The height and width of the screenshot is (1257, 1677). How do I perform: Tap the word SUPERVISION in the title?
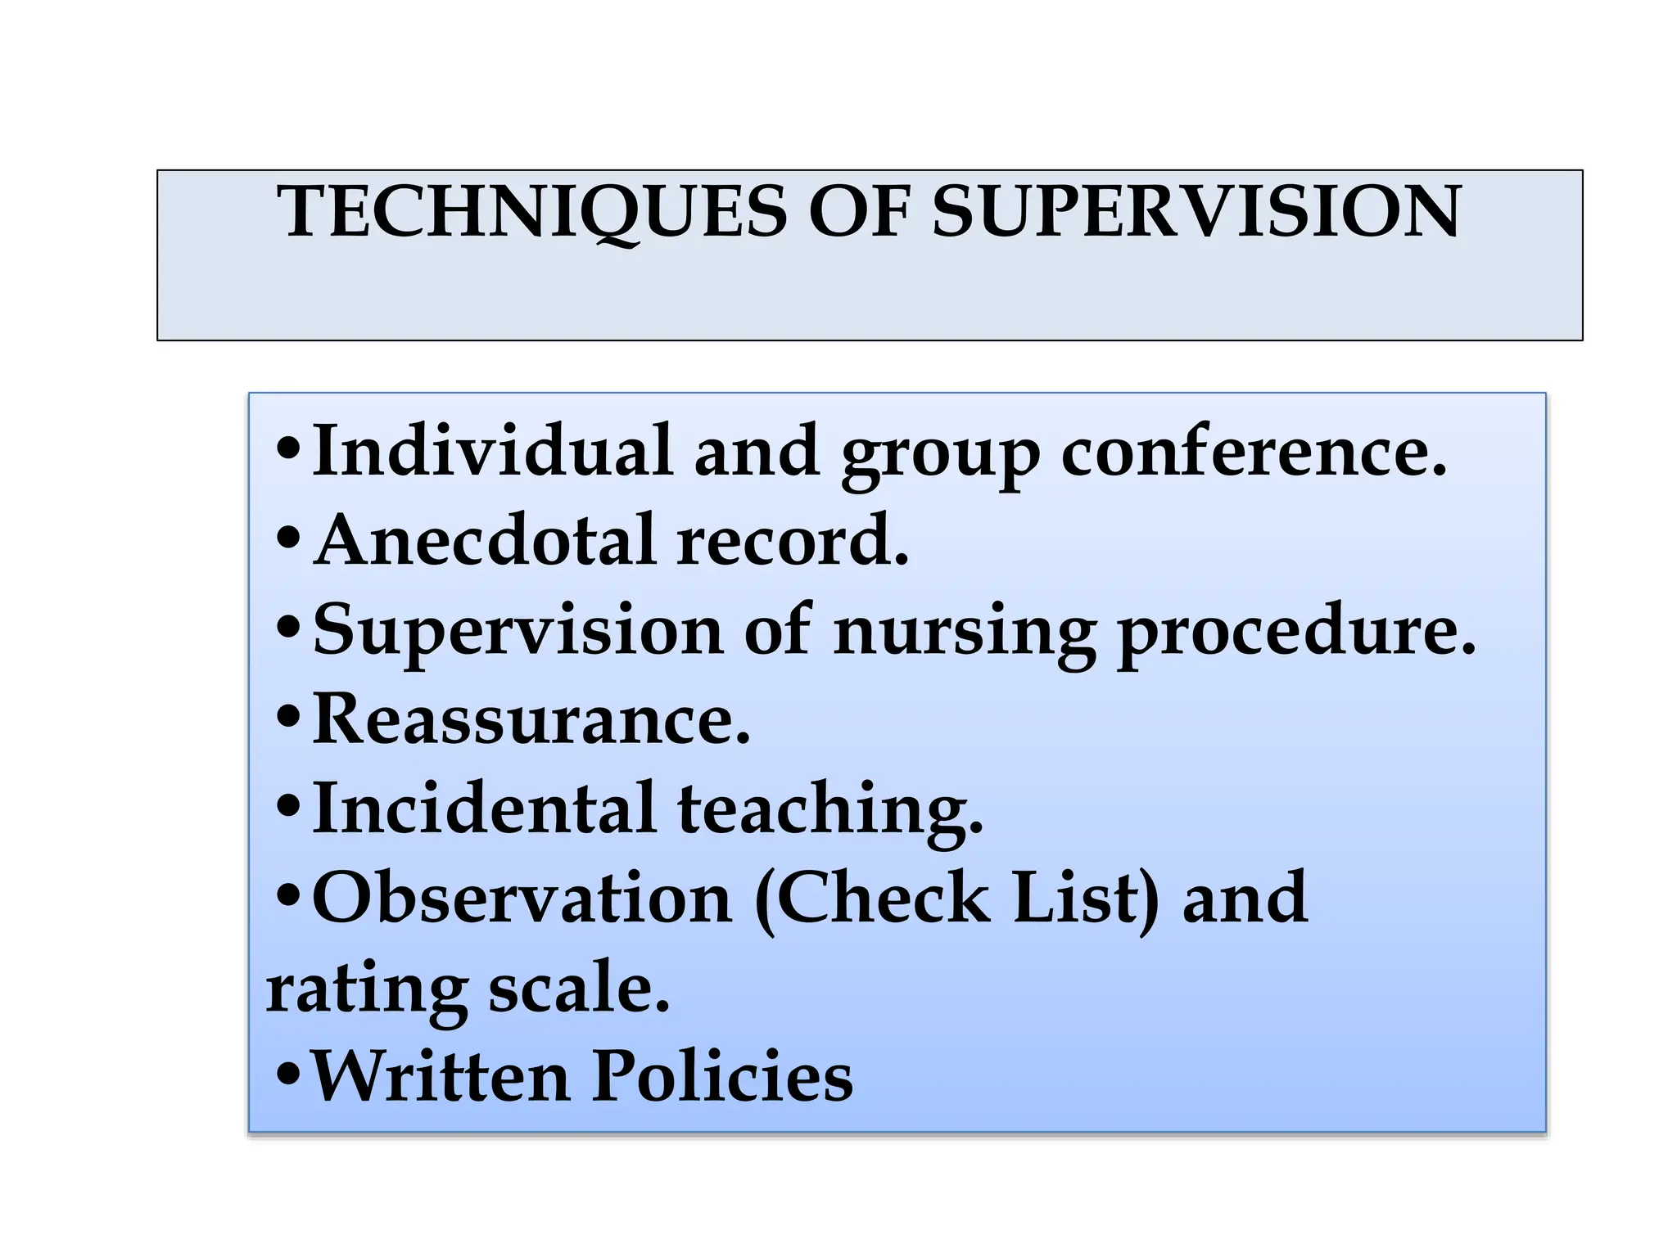[x=1196, y=212]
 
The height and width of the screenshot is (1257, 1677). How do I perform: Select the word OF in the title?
[x=859, y=212]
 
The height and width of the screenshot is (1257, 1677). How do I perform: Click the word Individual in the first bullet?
[x=492, y=451]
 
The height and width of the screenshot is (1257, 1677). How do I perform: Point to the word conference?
[x=1254, y=451]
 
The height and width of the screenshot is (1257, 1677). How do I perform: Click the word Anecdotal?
[x=486, y=540]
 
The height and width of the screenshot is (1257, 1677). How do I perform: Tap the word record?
[x=793, y=540]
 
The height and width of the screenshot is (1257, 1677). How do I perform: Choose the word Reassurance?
[x=531, y=719]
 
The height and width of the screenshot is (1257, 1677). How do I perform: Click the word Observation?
[x=522, y=898]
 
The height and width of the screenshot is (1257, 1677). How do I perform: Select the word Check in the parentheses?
[x=882, y=898]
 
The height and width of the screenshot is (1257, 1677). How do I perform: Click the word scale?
[x=579, y=987]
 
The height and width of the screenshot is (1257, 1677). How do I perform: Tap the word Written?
[x=441, y=1076]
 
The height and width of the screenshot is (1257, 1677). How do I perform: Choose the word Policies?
[x=721, y=1076]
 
